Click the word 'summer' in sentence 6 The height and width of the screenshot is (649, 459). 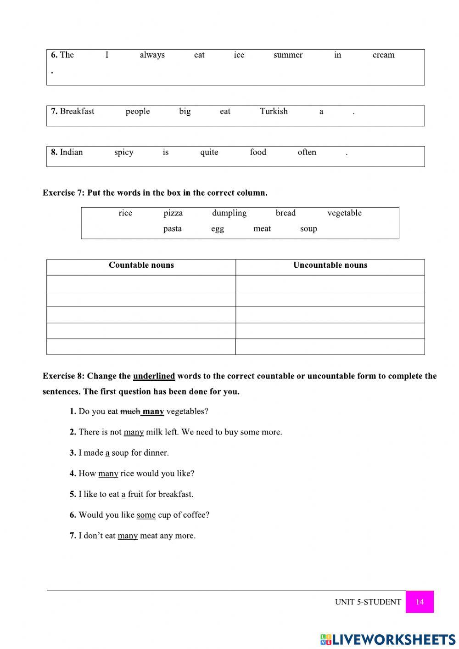click(288, 55)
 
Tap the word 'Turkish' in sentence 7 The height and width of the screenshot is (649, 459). click(274, 111)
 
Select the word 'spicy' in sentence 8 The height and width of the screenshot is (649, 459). click(123, 152)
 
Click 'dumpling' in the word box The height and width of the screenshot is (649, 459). click(229, 213)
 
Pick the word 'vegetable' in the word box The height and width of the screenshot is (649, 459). click(344, 213)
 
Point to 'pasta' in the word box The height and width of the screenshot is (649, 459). click(172, 229)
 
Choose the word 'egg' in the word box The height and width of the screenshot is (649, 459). click(218, 229)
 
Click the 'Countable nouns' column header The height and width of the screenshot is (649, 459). click(141, 265)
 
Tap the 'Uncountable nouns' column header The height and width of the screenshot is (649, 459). click(330, 265)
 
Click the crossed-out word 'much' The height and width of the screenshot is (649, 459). click(130, 412)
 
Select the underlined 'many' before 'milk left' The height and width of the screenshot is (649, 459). click(134, 432)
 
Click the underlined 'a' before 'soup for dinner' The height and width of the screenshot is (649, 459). click(107, 453)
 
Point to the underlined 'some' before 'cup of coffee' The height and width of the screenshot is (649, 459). click(146, 515)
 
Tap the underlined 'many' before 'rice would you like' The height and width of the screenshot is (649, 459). click(108, 474)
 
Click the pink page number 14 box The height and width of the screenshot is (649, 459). click(420, 602)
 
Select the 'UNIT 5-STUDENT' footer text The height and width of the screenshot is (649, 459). click(368, 602)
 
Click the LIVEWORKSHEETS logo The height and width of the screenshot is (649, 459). click(388, 639)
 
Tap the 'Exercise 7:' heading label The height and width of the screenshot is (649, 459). click(64, 193)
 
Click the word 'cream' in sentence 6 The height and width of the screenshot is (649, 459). click(383, 55)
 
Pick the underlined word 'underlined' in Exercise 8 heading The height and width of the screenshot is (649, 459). click(154, 376)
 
